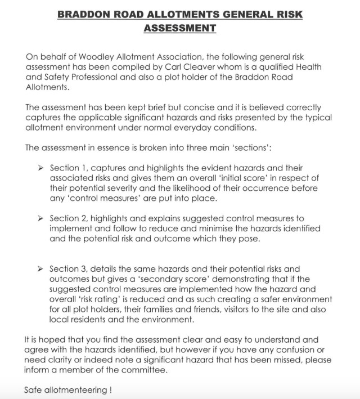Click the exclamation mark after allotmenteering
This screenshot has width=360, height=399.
[x=111, y=389]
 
